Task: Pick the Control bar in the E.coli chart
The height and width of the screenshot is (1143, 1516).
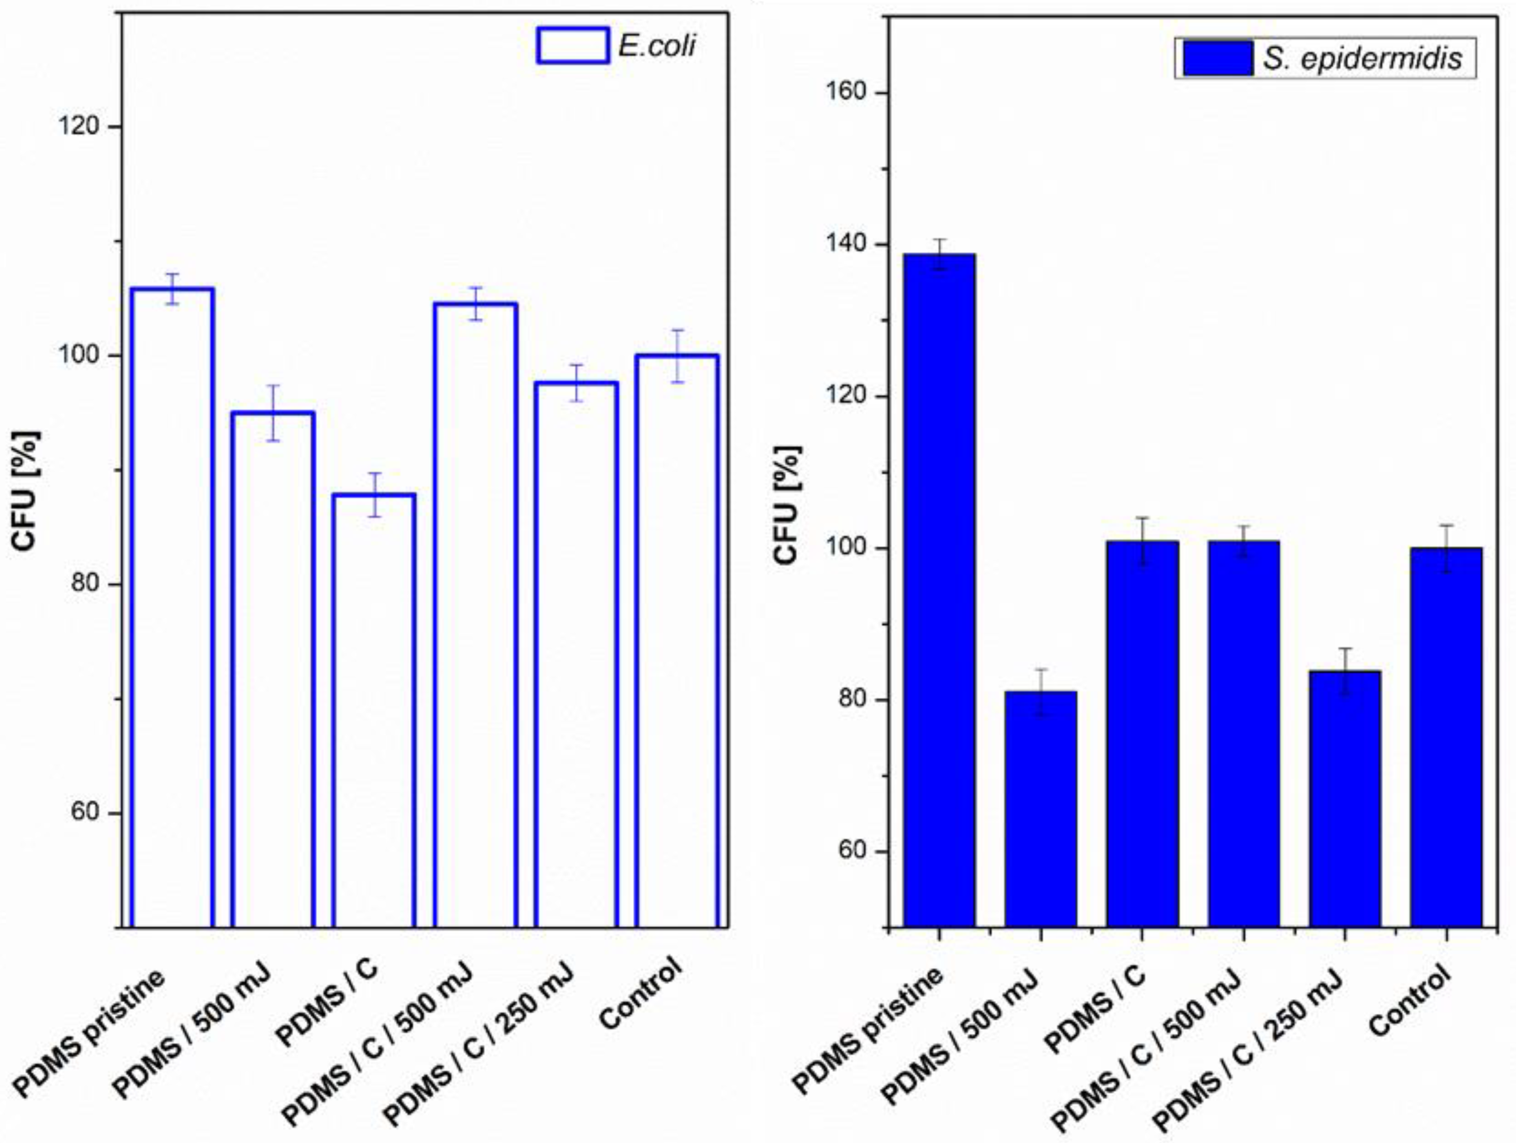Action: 676,641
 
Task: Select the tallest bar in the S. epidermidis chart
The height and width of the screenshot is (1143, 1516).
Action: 939,590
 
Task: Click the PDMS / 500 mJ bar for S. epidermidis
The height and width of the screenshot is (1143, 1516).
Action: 1040,809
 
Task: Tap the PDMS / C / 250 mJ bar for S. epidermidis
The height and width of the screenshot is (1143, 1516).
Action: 1344,799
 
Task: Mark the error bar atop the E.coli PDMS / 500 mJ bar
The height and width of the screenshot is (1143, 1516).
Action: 273,413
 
